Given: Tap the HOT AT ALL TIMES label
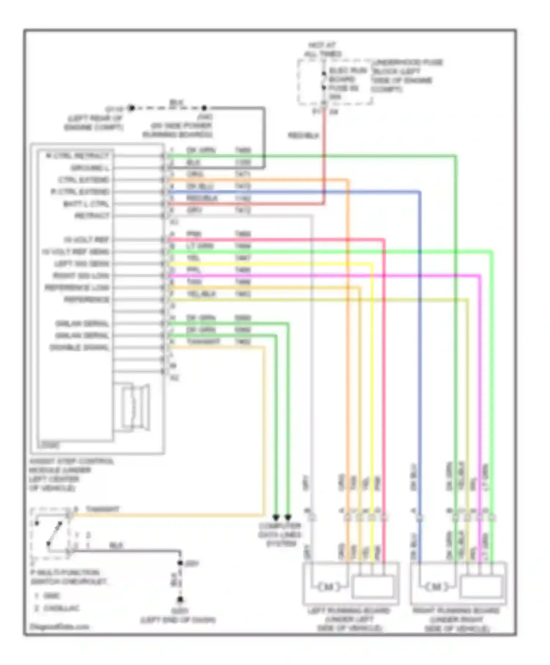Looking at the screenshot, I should (322, 49).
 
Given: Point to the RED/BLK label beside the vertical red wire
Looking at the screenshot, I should (304, 136).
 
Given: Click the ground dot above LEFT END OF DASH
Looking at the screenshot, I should (180, 600).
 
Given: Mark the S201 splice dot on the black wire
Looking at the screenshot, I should (180, 563).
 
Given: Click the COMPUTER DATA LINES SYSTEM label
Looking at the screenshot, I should (280, 535).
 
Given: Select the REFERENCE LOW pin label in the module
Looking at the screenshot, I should (77, 288).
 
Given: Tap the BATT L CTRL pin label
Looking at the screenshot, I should (86, 204).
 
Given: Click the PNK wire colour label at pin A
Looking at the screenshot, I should (194, 234).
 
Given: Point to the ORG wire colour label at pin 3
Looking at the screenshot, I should (195, 174).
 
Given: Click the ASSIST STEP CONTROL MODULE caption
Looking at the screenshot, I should (71, 474).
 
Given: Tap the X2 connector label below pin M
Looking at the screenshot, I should (174, 378).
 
